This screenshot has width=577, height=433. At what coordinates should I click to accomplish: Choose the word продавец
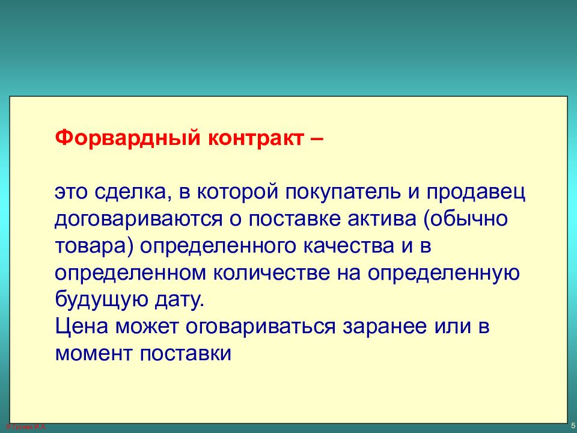(x=475, y=192)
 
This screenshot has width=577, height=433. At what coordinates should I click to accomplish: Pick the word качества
(x=349, y=246)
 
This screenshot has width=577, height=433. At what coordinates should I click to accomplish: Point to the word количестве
(x=271, y=273)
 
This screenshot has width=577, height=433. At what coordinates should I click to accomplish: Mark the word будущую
(x=101, y=300)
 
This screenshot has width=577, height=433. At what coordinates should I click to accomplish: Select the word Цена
(x=82, y=327)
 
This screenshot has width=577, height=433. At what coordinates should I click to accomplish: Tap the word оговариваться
(x=260, y=327)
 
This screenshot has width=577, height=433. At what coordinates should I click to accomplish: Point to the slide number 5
(x=573, y=426)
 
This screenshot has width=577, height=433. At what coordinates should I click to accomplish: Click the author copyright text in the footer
(x=26, y=427)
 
